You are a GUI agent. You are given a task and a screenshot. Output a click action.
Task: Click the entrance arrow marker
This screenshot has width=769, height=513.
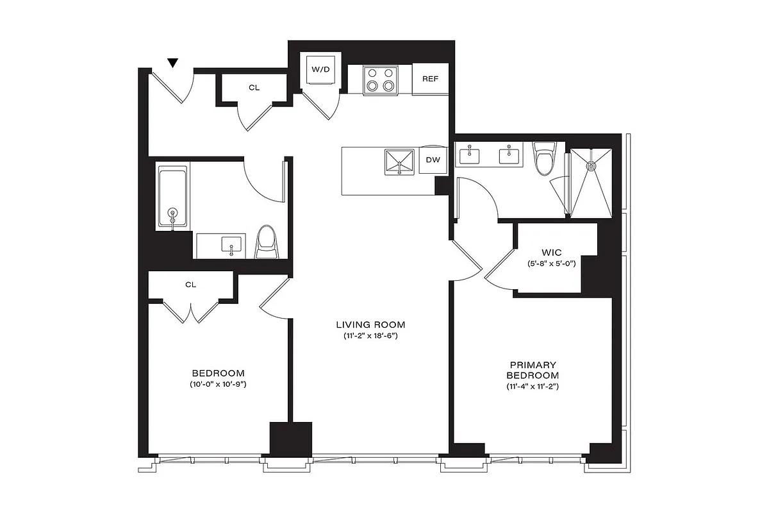pos(172,63)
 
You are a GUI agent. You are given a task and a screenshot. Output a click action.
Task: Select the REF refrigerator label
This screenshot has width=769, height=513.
pos(430,79)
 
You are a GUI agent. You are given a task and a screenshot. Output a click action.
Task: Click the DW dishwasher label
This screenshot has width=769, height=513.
pos(433,160)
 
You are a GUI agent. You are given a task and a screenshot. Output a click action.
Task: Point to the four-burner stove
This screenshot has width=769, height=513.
pos(379,80)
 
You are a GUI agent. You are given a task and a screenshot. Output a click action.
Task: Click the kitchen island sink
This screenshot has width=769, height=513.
pos(400,161)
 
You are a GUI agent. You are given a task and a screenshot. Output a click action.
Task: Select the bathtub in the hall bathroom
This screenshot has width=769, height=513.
pos(172,197)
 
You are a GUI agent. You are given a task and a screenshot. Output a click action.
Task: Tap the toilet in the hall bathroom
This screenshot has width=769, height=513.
pos(265,242)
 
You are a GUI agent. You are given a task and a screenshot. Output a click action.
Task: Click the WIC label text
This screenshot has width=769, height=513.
pos(552,253)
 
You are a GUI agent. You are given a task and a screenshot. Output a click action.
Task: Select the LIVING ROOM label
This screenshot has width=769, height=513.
pos(371,325)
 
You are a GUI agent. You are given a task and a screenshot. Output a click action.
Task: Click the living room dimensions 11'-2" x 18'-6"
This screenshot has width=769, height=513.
pos(371,337)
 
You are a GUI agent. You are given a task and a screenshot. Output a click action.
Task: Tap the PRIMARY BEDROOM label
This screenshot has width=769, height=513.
pos(532,370)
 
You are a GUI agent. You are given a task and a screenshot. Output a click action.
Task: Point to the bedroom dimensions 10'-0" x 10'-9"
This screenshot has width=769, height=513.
pos(219,385)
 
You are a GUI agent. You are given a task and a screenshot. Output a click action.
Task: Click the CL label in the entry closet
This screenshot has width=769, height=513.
pos(254,87)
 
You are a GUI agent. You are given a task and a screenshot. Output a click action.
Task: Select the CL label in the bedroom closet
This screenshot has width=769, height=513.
pos(190,284)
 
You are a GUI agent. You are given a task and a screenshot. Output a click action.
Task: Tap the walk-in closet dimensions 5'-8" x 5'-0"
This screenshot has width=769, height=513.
pos(552,264)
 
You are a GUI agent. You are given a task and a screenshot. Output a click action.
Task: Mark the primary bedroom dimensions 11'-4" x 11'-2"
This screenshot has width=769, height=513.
pos(532,387)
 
